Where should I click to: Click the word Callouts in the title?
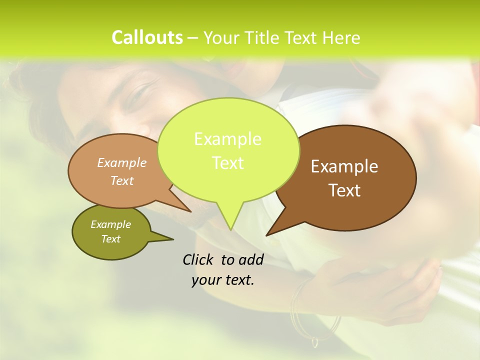point(147,37)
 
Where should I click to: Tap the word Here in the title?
point(341,37)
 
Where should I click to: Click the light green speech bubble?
point(228,150)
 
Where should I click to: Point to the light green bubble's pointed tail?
point(230,220)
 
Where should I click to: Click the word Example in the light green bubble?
point(227,139)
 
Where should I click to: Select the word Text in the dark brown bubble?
point(344,190)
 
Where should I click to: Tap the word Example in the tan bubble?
point(122,162)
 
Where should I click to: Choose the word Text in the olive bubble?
point(111,239)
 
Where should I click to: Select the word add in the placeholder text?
point(250,259)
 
